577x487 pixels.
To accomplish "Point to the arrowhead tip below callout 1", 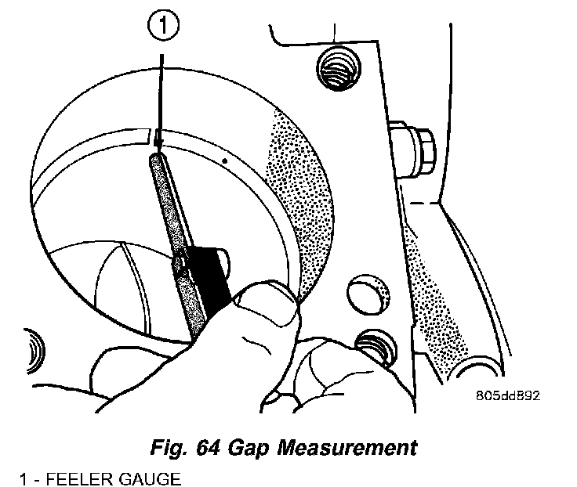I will point(159,149).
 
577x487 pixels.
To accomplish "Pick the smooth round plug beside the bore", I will point(366,290).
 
